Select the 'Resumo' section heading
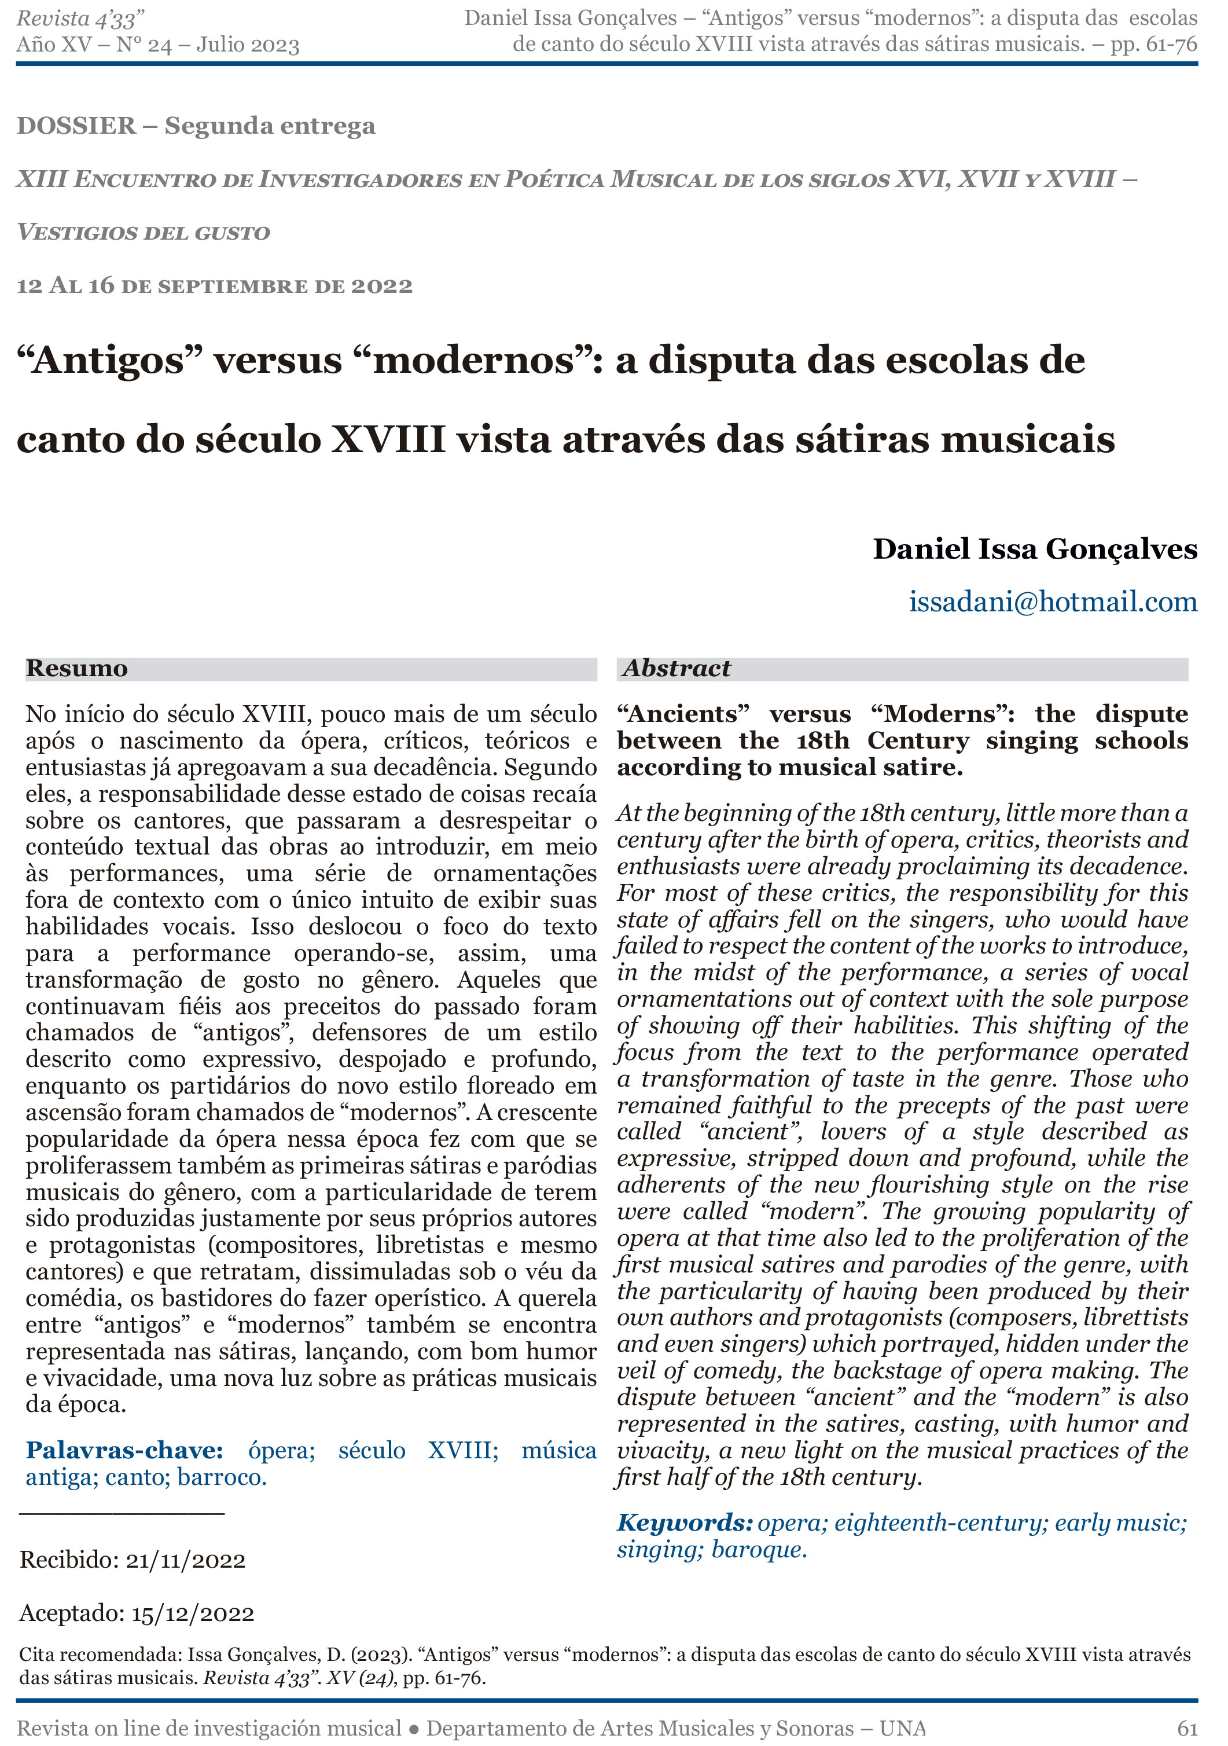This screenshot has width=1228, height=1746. pyautogui.click(x=77, y=669)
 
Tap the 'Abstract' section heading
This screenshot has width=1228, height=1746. pyautogui.click(x=676, y=669)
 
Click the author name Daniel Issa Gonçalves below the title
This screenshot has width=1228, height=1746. pyautogui.click(x=1034, y=548)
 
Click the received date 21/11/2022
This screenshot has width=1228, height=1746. pyautogui.click(x=186, y=1560)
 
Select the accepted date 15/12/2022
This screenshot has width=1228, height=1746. pyautogui.click(x=193, y=1613)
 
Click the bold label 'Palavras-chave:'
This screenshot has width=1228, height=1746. pyautogui.click(x=124, y=1450)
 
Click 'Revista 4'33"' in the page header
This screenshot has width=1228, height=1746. pyautogui.click(x=80, y=19)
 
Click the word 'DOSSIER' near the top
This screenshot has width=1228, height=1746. pyautogui.click(x=76, y=126)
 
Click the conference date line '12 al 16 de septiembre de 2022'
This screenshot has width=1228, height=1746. pyautogui.click(x=215, y=286)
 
